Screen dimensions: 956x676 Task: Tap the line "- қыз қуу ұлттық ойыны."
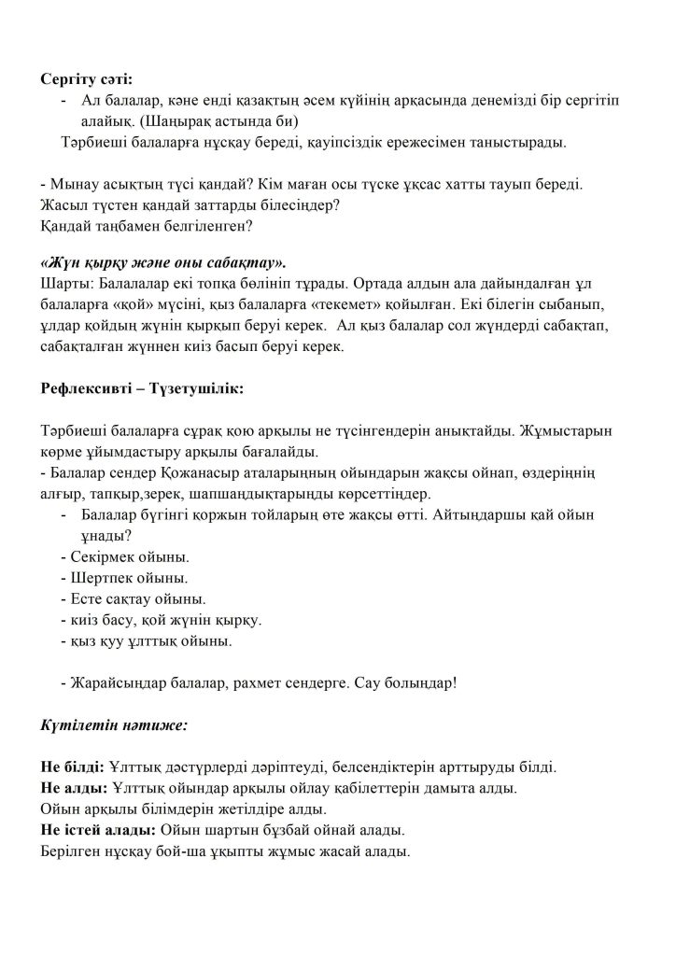click(x=145, y=641)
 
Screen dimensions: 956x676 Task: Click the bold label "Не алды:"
click(x=71, y=788)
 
